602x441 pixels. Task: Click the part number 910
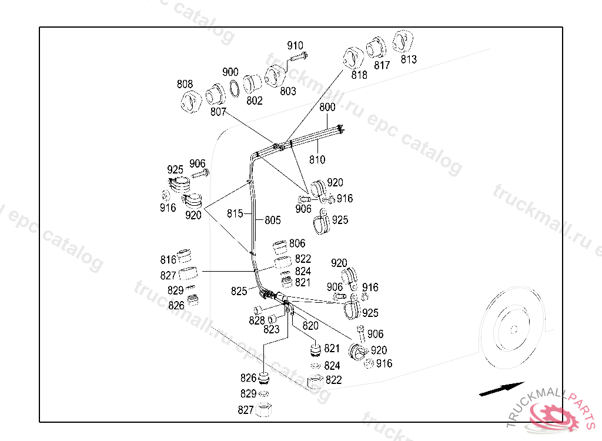pyautogui.click(x=295, y=45)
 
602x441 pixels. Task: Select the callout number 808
pyautogui.click(x=185, y=84)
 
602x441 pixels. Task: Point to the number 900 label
pyautogui.click(x=230, y=72)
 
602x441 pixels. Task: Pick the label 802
pyautogui.click(x=255, y=101)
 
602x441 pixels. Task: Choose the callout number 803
pyautogui.click(x=288, y=91)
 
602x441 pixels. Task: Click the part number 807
pyautogui.click(x=218, y=111)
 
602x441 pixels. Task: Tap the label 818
pyautogui.click(x=359, y=75)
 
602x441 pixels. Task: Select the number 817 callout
pyautogui.click(x=382, y=65)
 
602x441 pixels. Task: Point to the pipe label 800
pyautogui.click(x=327, y=108)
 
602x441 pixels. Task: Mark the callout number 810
pyautogui.click(x=317, y=159)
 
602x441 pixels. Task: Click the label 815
pyautogui.click(x=235, y=214)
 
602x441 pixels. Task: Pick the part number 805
pyautogui.click(x=273, y=220)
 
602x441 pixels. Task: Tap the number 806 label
pyautogui.click(x=297, y=243)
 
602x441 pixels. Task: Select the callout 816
pyautogui.click(x=168, y=260)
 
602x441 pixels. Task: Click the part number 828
pyautogui.click(x=257, y=320)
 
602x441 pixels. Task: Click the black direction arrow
pyautogui.click(x=501, y=389)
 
